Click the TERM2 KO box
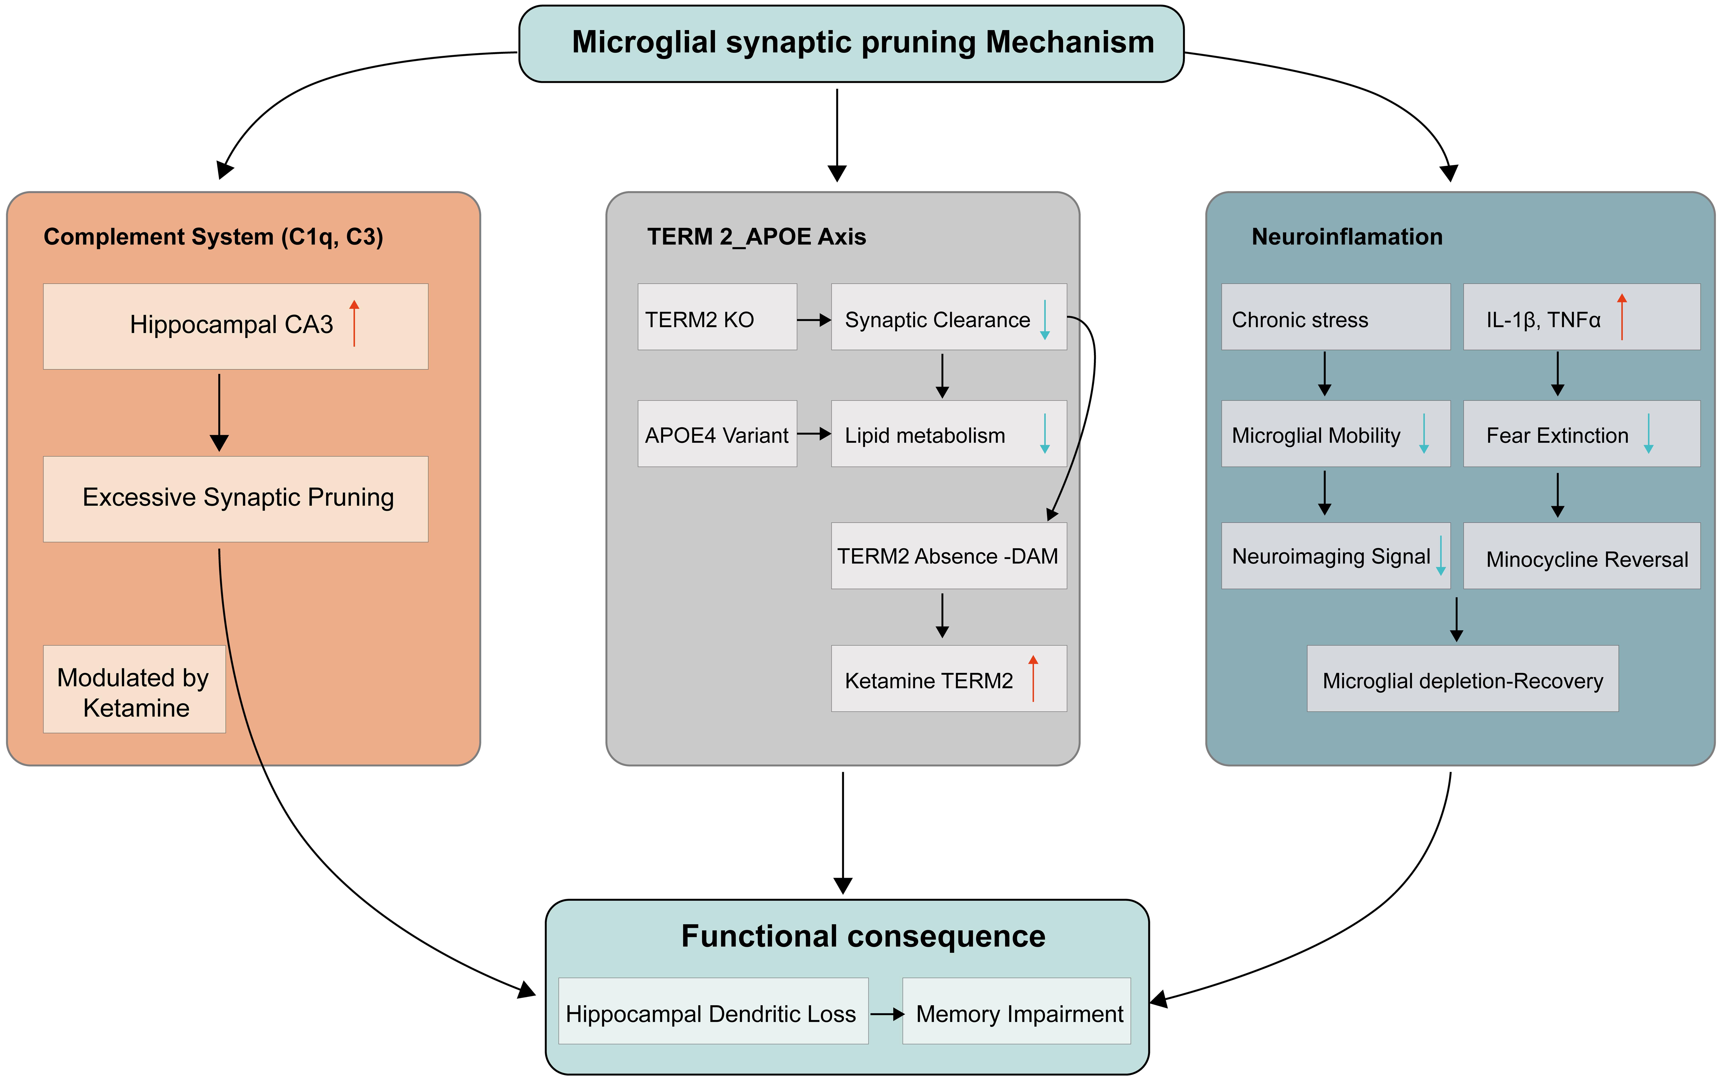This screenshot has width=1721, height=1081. coord(717,317)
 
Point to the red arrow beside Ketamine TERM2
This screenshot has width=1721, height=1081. coord(1033,678)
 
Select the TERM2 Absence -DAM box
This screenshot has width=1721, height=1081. coord(948,556)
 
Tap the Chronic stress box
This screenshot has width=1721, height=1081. coord(1335,317)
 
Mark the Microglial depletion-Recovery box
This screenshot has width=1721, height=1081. coord(1462,679)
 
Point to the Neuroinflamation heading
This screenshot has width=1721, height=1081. coord(1346,237)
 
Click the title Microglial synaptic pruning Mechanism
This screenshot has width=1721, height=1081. coord(863,42)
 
